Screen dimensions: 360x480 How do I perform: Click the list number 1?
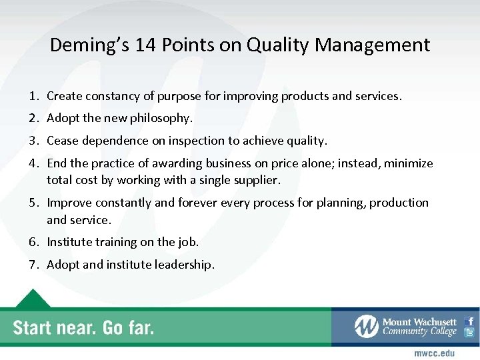point(33,96)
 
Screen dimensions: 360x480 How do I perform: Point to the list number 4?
point(33,163)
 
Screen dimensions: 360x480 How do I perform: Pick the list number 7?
point(33,265)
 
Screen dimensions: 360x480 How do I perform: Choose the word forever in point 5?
point(195,203)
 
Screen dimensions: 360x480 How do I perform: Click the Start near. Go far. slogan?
point(83,327)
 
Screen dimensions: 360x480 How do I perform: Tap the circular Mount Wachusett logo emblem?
point(367,327)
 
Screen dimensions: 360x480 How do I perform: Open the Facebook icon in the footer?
point(470,321)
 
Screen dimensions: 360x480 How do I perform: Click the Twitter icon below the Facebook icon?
point(470,333)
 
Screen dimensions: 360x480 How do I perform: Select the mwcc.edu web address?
point(434,353)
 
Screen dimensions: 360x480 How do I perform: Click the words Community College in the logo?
point(419,332)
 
